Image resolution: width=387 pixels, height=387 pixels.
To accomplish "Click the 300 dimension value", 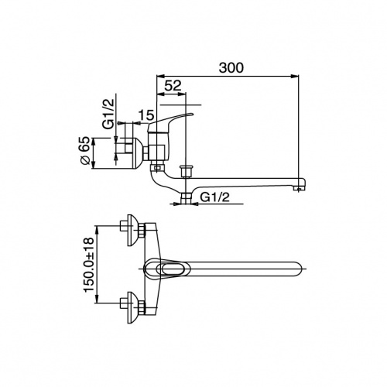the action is [x=231, y=67].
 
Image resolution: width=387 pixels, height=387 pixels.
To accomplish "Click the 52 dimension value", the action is [x=173, y=85].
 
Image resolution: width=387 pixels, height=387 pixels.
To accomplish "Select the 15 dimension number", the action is [x=146, y=115].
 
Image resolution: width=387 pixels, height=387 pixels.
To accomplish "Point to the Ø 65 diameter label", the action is [x=85, y=151].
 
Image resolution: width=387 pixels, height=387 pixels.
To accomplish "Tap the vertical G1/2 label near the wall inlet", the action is [x=108, y=114].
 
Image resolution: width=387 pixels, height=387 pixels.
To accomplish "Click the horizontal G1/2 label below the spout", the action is [x=215, y=197].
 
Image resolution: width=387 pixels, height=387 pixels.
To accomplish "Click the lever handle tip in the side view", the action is [x=191, y=114].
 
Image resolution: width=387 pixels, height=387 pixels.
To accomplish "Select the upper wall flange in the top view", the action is [x=133, y=230].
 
